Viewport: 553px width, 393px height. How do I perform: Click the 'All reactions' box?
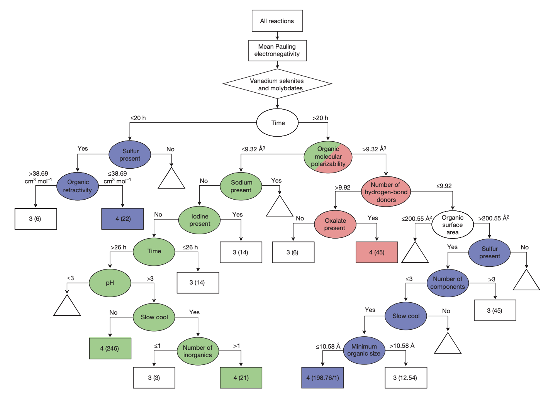[277, 21]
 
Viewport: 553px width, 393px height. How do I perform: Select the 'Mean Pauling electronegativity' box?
[277, 50]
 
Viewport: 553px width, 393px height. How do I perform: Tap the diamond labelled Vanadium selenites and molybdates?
[277, 84]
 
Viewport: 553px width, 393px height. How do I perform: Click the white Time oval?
[277, 123]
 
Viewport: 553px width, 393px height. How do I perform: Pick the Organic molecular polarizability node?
[328, 157]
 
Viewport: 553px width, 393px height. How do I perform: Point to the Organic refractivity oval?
[78, 186]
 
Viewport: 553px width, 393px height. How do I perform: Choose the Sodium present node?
[241, 186]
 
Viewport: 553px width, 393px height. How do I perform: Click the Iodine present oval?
[199, 220]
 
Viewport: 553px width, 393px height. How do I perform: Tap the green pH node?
[110, 283]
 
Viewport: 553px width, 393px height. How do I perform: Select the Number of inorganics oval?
[197, 351]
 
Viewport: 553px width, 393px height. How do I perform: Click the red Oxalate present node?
[335, 224]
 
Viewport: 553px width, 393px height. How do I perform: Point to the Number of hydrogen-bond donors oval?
[386, 192]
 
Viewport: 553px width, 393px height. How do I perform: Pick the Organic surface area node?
[452, 225]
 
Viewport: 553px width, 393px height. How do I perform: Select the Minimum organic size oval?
[363, 350]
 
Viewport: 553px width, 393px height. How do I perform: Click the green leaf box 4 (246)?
[110, 348]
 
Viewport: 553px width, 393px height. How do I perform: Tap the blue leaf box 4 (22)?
[122, 219]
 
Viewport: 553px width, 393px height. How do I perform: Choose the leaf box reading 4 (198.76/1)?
[322, 378]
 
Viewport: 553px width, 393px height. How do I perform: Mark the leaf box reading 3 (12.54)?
[405, 378]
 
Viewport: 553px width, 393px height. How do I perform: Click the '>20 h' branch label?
[320, 118]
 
